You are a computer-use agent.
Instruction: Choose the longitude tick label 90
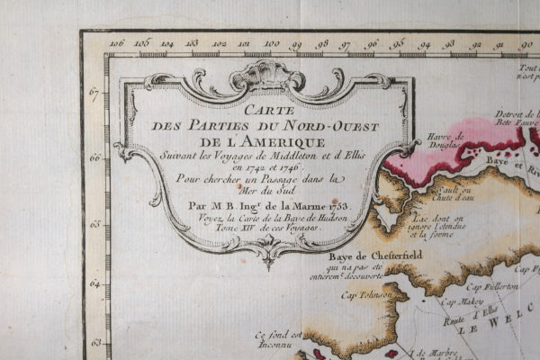(526, 42)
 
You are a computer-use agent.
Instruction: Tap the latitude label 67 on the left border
(94, 90)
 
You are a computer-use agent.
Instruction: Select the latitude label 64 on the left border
(94, 283)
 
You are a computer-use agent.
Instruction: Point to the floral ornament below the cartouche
(267, 247)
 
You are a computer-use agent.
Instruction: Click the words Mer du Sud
(267, 191)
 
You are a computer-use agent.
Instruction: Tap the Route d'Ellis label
(468, 317)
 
